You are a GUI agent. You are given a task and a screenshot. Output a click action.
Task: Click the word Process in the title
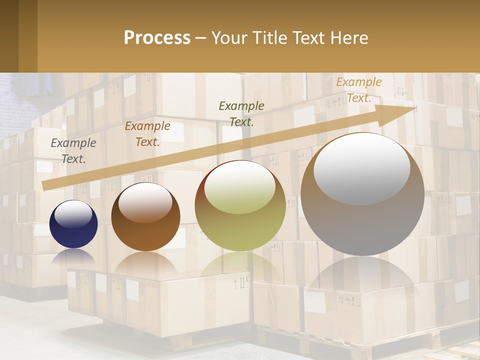point(157,38)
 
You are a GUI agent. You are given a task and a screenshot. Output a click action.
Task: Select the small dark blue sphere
point(73,224)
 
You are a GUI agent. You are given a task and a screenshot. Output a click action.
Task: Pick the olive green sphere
point(240,205)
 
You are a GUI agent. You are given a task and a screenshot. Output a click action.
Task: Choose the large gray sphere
point(362,194)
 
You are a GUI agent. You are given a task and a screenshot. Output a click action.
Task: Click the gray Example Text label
point(73,150)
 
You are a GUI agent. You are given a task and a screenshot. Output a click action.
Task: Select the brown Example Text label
point(147,133)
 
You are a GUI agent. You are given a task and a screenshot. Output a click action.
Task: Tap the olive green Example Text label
point(241,113)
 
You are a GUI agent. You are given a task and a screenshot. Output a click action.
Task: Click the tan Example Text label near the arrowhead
point(359,90)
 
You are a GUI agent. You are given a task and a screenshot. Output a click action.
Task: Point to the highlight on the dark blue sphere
point(73,214)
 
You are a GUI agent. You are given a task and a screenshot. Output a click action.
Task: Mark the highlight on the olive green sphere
point(240,187)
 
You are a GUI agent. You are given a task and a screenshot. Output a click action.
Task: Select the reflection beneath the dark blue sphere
point(73,256)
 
